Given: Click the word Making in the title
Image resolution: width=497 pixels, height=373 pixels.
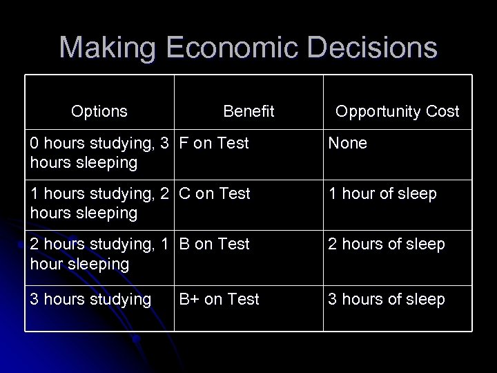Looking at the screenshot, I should (105, 48).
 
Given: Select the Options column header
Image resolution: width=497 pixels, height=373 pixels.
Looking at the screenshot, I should (99, 111).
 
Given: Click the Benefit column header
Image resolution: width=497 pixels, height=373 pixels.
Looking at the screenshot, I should (248, 111).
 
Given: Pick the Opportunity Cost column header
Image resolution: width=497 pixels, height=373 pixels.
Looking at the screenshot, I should (397, 111).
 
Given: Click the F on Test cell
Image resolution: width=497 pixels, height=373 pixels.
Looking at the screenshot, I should (214, 144).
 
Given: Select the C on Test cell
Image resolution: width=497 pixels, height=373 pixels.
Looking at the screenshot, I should (215, 194).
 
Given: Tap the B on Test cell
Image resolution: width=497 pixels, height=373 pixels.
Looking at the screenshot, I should (215, 244).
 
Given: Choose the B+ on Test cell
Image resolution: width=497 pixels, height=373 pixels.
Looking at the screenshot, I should (220, 299).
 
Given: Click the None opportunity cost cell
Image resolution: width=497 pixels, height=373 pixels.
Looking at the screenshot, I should (347, 144).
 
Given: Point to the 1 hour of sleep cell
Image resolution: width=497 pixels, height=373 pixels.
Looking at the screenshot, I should (382, 194).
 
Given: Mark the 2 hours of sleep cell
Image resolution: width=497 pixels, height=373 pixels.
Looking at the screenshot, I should (387, 244).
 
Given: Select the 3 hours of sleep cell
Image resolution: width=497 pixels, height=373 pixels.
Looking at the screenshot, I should (387, 299).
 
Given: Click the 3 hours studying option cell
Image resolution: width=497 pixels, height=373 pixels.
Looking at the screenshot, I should (90, 299).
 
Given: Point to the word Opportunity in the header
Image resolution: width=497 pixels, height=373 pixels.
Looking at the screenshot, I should (378, 111).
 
